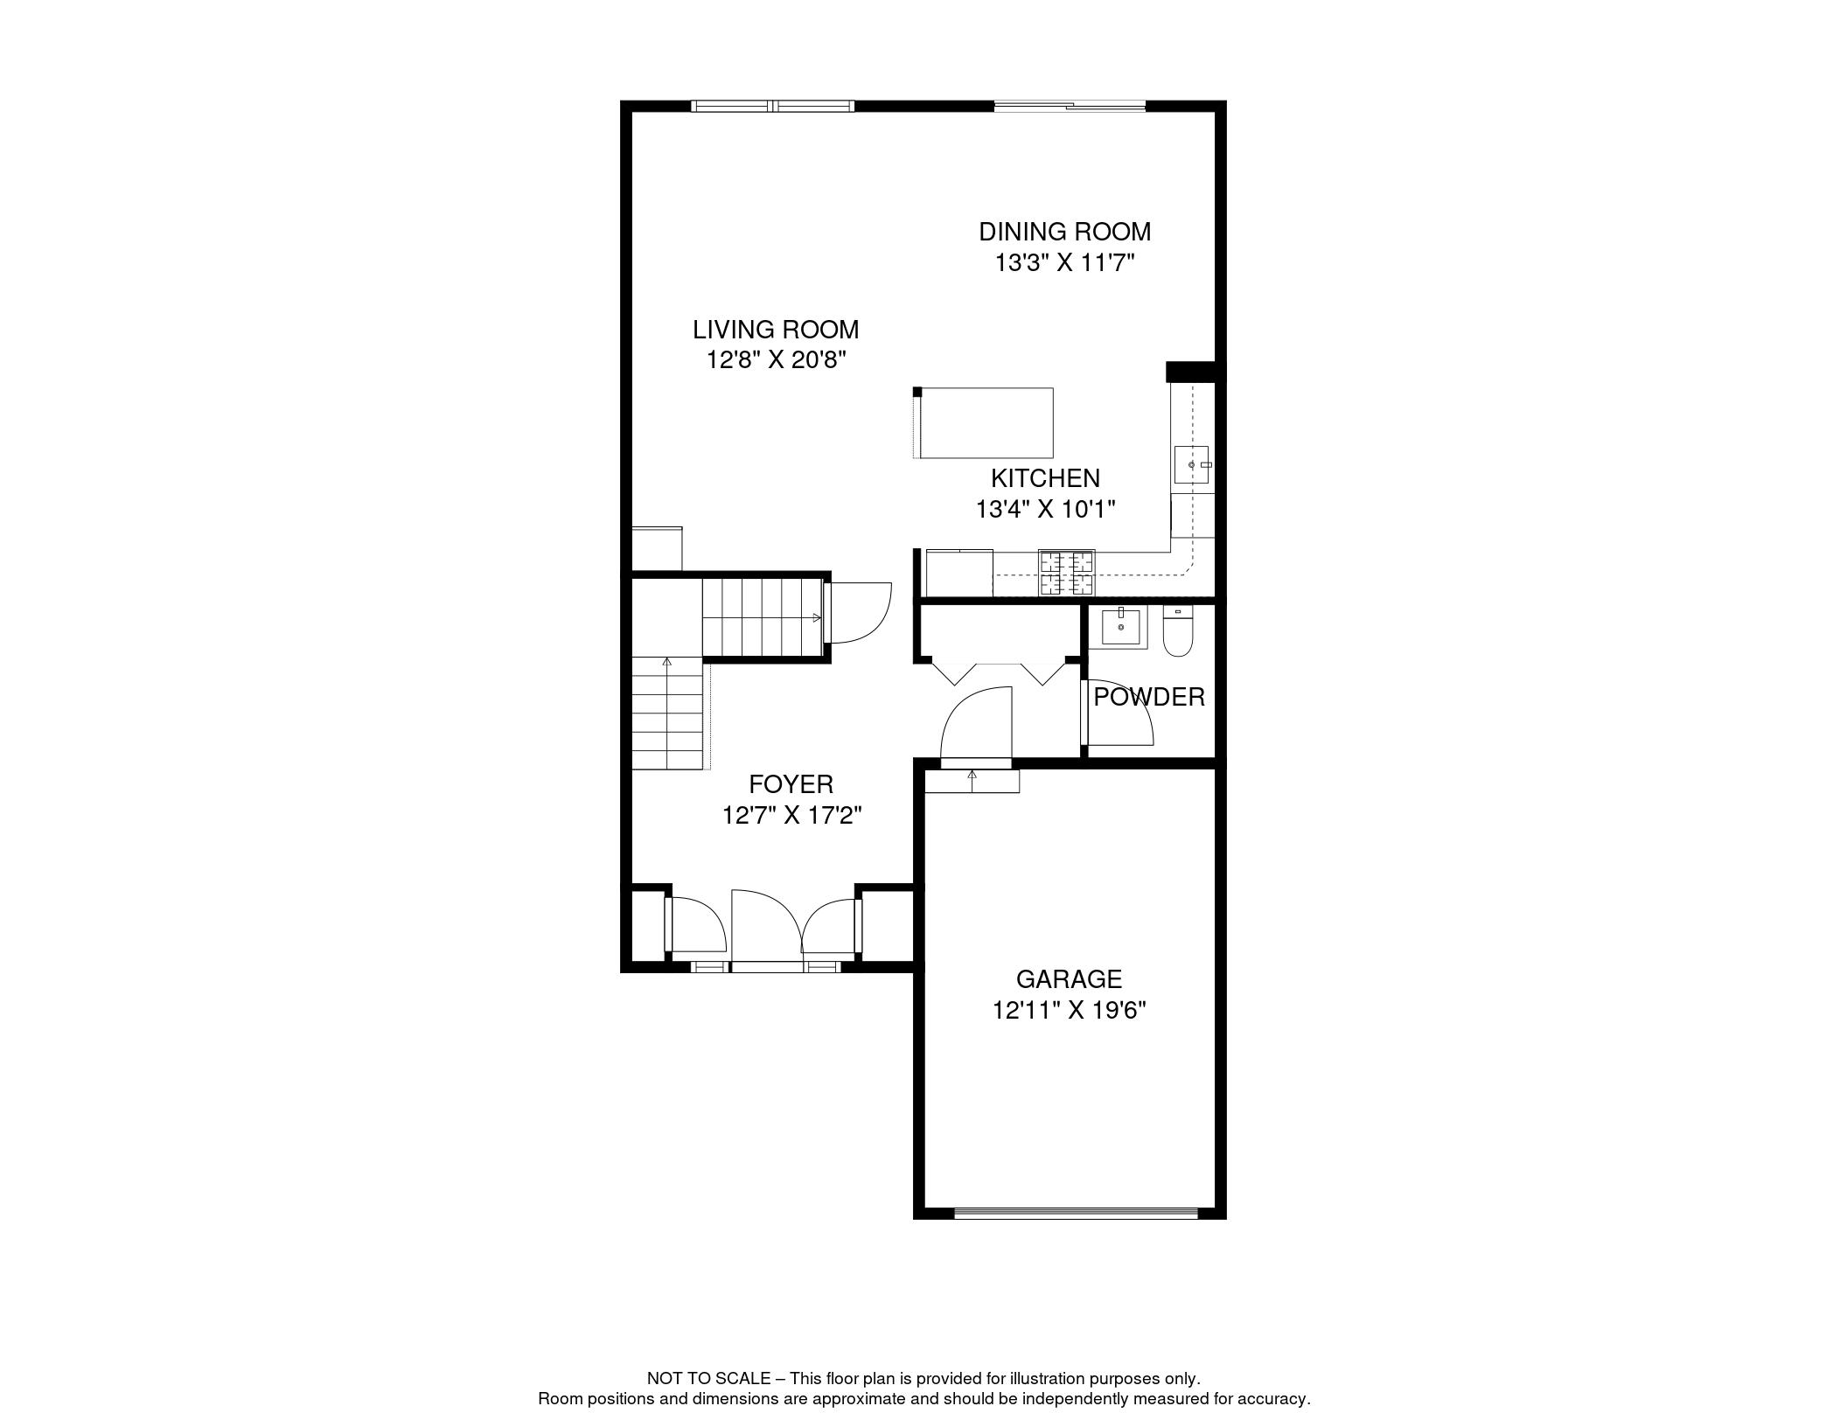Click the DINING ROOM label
[1064, 232]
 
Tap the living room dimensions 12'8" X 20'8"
[777, 359]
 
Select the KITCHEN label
[1045, 478]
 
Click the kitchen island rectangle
[986, 422]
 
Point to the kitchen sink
[1191, 464]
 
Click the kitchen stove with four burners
[1066, 573]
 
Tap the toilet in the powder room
[1178, 633]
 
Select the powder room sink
[1120, 627]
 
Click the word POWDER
[1148, 697]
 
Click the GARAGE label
[1068, 978]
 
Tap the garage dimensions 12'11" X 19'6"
[1069, 1010]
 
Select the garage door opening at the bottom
[1075, 1212]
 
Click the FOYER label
[791, 783]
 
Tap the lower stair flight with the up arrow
[667, 713]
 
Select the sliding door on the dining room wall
[1069, 107]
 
